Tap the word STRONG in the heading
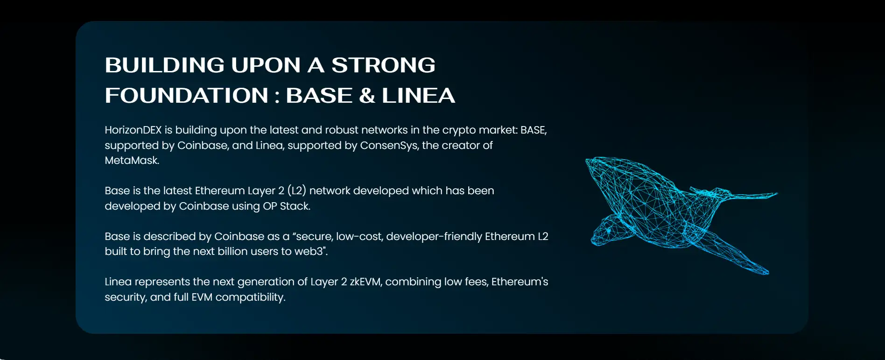tap(383, 65)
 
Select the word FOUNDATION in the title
tap(187, 95)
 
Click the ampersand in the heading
tap(367, 95)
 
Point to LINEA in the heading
tap(418, 95)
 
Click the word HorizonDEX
tap(133, 130)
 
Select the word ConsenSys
tap(389, 146)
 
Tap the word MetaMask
tap(132, 160)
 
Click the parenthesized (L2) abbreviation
tap(296, 191)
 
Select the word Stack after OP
tap(295, 206)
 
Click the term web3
tap(309, 251)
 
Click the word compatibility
tap(250, 297)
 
